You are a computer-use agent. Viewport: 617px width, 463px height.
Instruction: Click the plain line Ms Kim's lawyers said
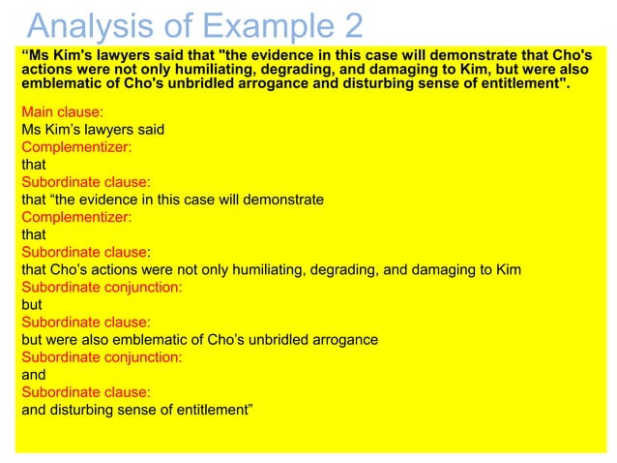93,130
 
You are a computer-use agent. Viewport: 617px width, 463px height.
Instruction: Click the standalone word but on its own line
32,304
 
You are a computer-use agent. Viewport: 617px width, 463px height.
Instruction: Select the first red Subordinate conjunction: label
102,287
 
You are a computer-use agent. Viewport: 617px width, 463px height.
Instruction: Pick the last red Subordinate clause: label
86,391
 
